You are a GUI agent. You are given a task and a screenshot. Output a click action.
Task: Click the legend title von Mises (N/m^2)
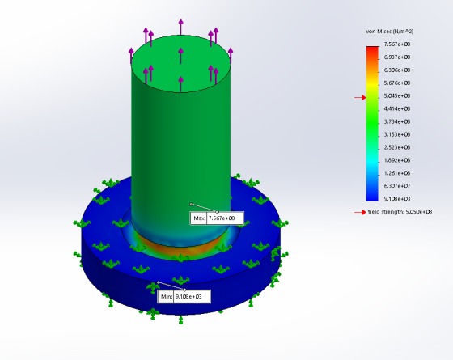coord(389,32)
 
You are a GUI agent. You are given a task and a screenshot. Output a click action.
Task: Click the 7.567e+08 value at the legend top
coord(397,44)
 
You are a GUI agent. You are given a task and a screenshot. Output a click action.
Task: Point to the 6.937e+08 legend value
coord(397,57)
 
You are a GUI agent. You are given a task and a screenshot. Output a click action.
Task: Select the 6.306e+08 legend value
coord(397,70)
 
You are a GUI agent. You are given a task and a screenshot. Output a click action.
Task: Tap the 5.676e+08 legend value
coord(397,83)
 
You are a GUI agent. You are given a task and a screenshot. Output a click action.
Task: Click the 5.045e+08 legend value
coord(397,96)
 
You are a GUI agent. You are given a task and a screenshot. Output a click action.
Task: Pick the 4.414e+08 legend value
coord(397,109)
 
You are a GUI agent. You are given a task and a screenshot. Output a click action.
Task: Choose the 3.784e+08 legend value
coord(397,121)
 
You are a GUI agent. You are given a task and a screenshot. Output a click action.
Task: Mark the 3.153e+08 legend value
coord(397,134)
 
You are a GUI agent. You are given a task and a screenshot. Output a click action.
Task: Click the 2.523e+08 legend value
coord(397,147)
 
